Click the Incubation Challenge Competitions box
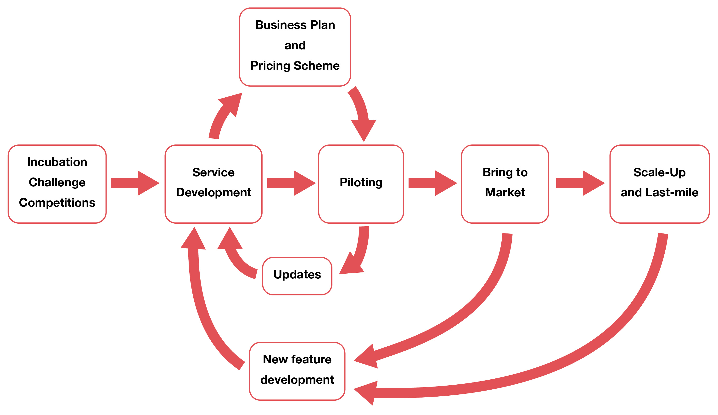pyautogui.click(x=57, y=184)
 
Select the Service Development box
pyautogui.click(x=213, y=184)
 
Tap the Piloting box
pyautogui.click(x=361, y=184)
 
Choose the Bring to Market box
pyautogui.click(x=505, y=184)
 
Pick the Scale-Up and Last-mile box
pyautogui.click(x=659, y=184)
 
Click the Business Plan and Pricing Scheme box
pyautogui.click(x=295, y=47)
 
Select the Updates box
pyautogui.click(x=297, y=276)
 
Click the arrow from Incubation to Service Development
pyautogui.click(x=134, y=183)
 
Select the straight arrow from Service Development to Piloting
pyautogui.click(x=290, y=183)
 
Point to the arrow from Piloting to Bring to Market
pyautogui.click(x=432, y=183)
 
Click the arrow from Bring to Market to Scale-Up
pyautogui.click(x=579, y=183)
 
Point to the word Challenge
pyautogui.click(x=57, y=183)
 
